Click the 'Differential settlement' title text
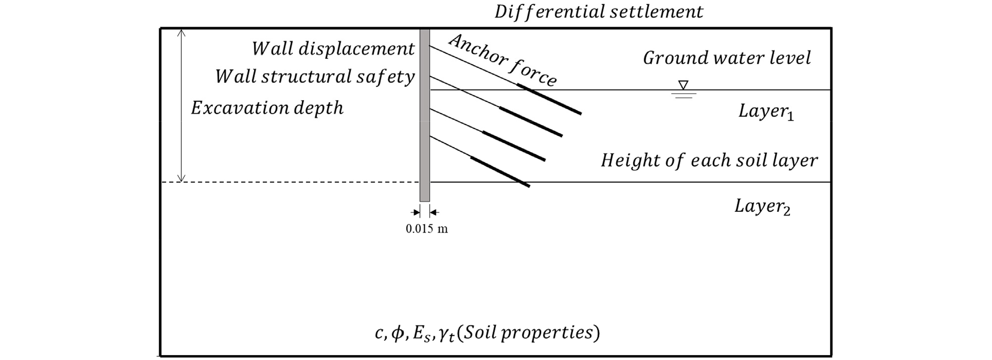[x=599, y=12]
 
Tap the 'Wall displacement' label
[x=333, y=48]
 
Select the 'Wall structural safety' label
[x=315, y=77]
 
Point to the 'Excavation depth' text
[x=267, y=108]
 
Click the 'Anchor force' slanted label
[x=503, y=60]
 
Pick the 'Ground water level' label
[x=727, y=58]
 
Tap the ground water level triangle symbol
[x=683, y=85]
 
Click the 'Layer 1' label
[x=766, y=112]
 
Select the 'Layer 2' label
[x=762, y=206]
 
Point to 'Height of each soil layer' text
[x=709, y=160]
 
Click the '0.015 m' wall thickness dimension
[x=427, y=229]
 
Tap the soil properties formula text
[x=487, y=333]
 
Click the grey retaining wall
[x=424, y=115]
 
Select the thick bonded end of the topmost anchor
[x=549, y=99]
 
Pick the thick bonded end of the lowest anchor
[x=500, y=172]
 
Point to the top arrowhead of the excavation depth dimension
[x=181, y=33]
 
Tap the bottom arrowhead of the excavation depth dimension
[x=181, y=178]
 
